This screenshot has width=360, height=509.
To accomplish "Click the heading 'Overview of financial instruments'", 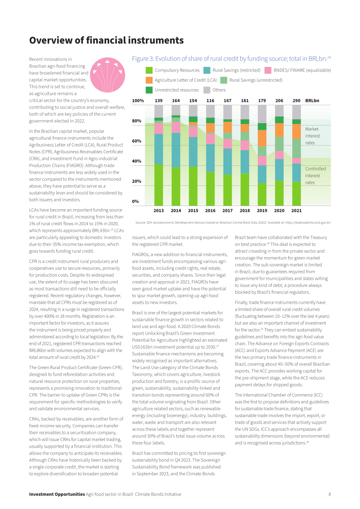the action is [x=106, y=40].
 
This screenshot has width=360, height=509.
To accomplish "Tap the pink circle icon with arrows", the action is [x=108, y=75].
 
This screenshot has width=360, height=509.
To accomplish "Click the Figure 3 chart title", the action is [x=231, y=59].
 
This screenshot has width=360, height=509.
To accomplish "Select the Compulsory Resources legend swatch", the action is [x=149, y=70].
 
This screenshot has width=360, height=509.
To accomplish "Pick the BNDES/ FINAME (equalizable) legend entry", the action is [x=298, y=70].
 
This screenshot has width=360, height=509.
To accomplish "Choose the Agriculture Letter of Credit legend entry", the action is [x=181, y=80].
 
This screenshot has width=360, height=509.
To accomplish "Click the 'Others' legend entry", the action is [x=214, y=90].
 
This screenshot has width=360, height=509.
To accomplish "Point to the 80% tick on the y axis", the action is [x=137, y=121].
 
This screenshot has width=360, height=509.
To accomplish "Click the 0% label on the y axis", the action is [x=135, y=201].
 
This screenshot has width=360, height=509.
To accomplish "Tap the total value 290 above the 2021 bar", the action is [x=296, y=100].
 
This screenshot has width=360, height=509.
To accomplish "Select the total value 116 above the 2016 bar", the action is [x=210, y=100].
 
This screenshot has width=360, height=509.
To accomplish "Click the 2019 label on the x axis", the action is [x=262, y=211].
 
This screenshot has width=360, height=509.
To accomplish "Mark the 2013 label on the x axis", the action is [x=158, y=211].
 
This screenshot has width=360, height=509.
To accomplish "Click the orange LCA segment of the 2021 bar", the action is [x=296, y=132].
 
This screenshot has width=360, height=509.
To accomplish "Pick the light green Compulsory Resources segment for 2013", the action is [x=158, y=185].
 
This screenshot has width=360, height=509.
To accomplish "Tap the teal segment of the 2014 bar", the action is [x=176, y=150].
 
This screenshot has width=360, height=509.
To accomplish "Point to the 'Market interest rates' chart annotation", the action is [x=313, y=136].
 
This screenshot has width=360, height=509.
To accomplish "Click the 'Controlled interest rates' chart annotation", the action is [x=315, y=176].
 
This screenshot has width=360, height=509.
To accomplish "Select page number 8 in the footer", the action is [x=329, y=494].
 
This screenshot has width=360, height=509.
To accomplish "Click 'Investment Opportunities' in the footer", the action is [x=57, y=494].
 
